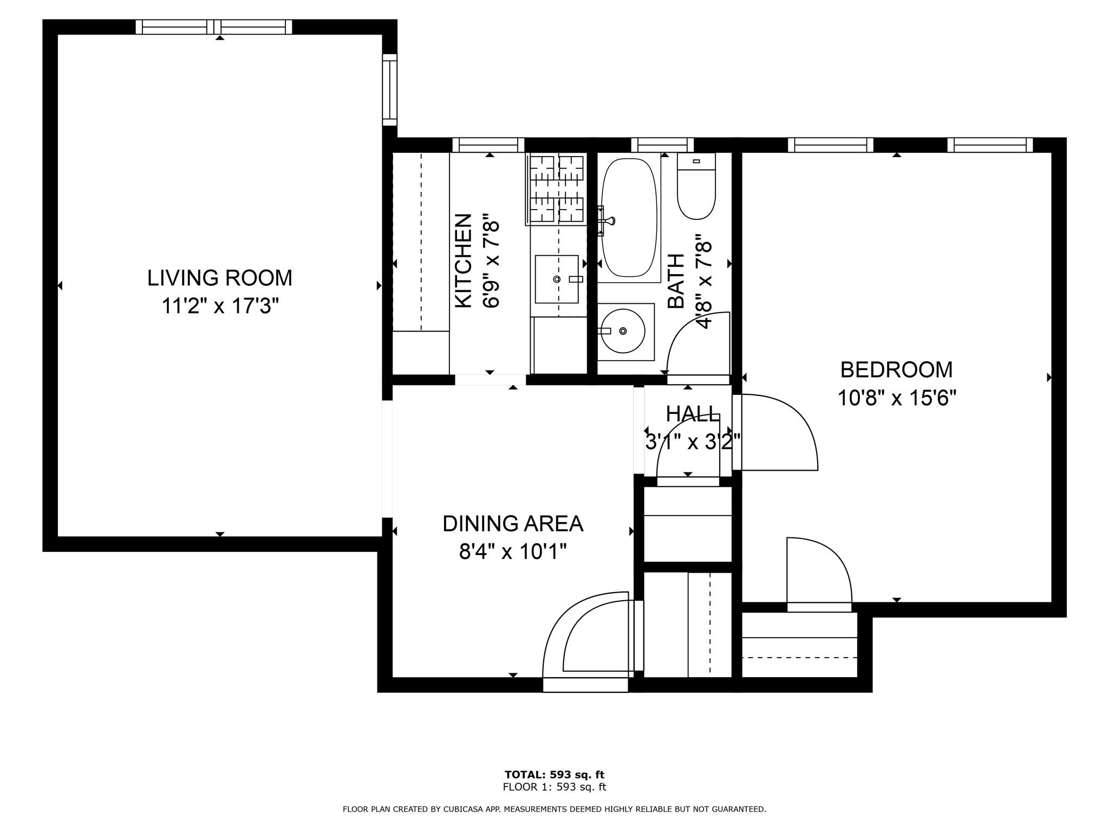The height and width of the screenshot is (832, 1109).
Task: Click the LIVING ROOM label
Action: (x=220, y=278)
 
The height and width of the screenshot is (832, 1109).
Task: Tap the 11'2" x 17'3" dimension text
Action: (x=220, y=307)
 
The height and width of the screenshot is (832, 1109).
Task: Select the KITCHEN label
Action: (x=463, y=261)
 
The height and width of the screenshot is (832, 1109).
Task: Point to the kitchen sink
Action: (x=557, y=279)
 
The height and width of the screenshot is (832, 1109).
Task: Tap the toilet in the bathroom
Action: (x=696, y=186)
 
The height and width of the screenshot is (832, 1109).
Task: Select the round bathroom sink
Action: (x=623, y=330)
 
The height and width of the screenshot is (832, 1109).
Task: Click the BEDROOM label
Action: (x=897, y=370)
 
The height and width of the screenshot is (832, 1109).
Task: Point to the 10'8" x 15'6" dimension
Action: (x=897, y=399)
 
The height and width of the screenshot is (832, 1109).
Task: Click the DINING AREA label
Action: (x=513, y=524)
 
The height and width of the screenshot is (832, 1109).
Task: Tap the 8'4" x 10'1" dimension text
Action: (x=513, y=552)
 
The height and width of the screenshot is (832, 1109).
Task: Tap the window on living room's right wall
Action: (x=390, y=89)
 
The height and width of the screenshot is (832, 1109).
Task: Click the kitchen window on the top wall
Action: (x=488, y=145)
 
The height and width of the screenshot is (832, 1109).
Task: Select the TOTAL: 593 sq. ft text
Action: (x=554, y=775)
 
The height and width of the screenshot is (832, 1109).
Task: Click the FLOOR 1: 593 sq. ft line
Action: (x=554, y=788)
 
